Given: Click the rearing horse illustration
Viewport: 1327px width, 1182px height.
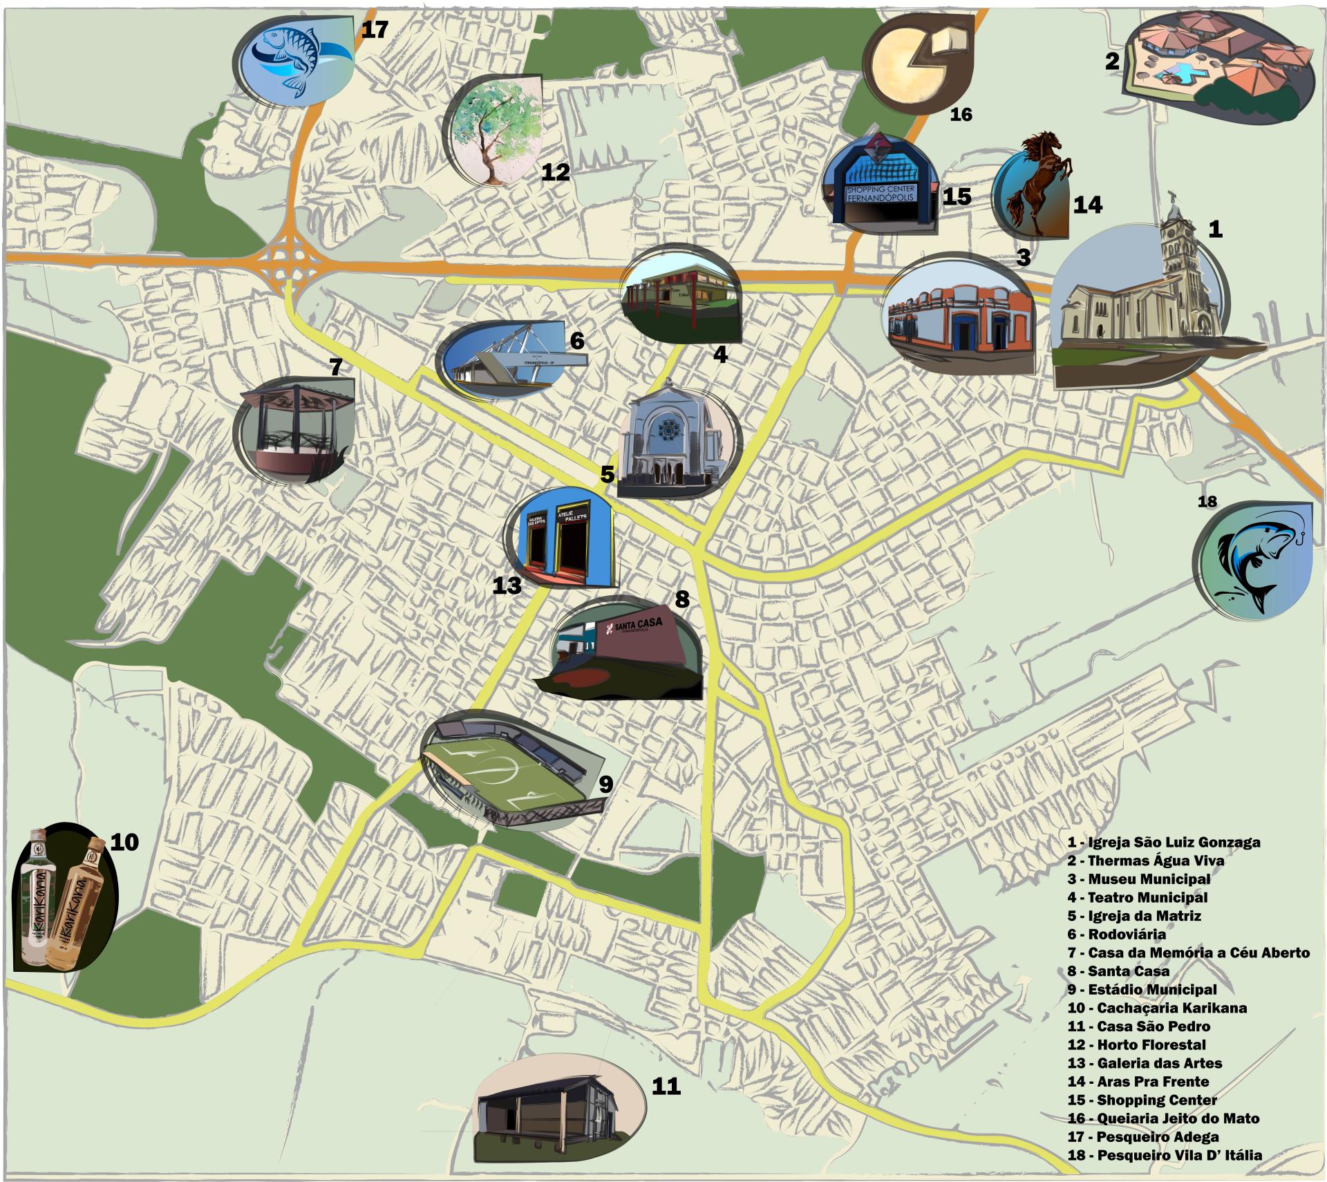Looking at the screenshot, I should [x=1037, y=183].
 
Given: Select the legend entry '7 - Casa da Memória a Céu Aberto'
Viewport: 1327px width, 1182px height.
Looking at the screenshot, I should [x=1188, y=953].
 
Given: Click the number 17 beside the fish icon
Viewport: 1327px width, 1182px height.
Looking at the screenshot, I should [x=374, y=30].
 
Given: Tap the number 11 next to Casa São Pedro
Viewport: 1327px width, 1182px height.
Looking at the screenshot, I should [x=666, y=1087].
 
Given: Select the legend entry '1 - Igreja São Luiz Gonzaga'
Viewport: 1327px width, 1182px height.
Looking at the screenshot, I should [x=1163, y=842].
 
